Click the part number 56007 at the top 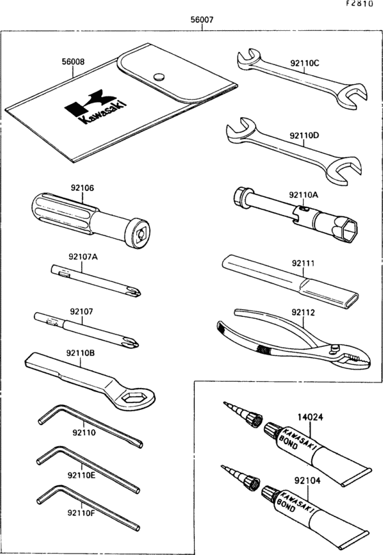click(x=202, y=21)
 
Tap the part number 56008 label click(x=73, y=61)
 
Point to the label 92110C click(x=304, y=64)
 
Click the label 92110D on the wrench click(x=304, y=135)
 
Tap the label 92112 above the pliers click(x=304, y=313)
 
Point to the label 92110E click(x=81, y=474)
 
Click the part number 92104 click(x=309, y=481)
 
